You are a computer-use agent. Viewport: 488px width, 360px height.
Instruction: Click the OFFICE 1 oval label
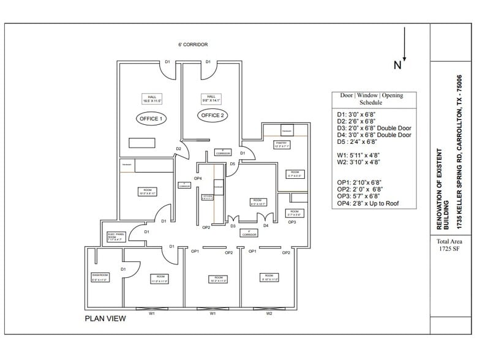(x=149, y=118)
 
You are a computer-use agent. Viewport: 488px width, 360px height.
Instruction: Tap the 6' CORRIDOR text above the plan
(x=193, y=45)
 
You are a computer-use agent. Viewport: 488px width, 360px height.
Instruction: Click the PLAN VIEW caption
(x=105, y=318)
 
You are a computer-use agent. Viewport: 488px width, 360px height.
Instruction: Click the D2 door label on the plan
(x=178, y=149)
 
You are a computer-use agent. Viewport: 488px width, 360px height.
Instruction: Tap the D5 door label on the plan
(x=233, y=164)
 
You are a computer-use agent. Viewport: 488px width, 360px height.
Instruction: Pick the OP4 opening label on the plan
(x=198, y=178)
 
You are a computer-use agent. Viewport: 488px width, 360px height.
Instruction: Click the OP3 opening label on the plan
(x=292, y=222)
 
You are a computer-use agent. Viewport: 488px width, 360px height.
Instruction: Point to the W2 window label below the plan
(x=269, y=313)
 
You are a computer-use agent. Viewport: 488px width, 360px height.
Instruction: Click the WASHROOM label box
(x=100, y=278)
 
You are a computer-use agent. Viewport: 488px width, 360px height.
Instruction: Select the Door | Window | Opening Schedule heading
(x=380, y=99)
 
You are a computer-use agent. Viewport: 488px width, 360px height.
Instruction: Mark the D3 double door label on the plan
(x=233, y=226)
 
